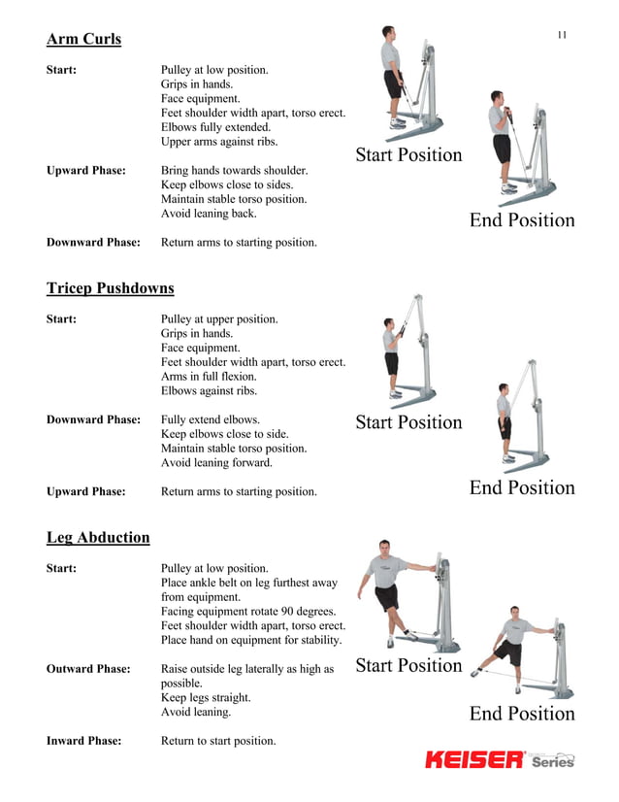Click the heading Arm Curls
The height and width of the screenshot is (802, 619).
click(x=84, y=40)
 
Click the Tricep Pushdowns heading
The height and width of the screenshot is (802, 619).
click(x=111, y=288)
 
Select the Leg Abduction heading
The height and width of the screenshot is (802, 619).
click(x=98, y=537)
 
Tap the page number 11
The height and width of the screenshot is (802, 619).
click(x=562, y=36)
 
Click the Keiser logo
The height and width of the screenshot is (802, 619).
click(x=474, y=759)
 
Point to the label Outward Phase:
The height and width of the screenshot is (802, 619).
click(x=88, y=669)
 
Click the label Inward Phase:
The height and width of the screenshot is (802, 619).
click(x=84, y=741)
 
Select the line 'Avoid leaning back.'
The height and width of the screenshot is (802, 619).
click(x=209, y=214)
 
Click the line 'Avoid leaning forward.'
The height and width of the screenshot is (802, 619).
click(x=216, y=463)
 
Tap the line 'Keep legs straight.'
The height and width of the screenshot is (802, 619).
click(x=206, y=698)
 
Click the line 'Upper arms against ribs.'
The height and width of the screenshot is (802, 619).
click(x=219, y=142)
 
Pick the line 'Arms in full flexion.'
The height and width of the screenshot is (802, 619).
click(x=209, y=377)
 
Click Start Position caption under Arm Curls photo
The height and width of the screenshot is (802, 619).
click(x=408, y=155)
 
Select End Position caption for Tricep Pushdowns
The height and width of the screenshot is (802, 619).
click(x=522, y=487)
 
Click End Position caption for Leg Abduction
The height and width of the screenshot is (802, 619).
click(x=522, y=714)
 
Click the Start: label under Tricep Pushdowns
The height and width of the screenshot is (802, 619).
click(x=62, y=319)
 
